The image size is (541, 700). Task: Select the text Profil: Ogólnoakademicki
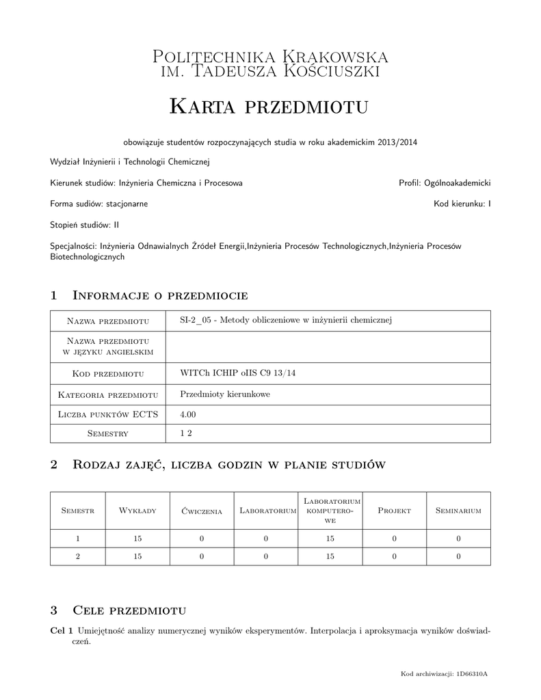pyautogui.click(x=445, y=183)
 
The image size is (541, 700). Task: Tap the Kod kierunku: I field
pyautogui.click(x=462, y=204)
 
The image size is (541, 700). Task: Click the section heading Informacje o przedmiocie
pyautogui.click(x=159, y=295)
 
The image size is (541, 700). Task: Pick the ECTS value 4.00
pyautogui.click(x=188, y=414)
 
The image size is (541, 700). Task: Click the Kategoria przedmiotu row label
pyautogui.click(x=109, y=394)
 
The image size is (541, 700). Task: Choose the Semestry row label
pyautogui.click(x=109, y=434)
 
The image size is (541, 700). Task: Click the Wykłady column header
pyautogui.click(x=137, y=511)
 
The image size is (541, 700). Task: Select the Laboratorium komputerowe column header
pyautogui.click(x=330, y=511)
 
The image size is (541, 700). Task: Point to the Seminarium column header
pyautogui.click(x=458, y=511)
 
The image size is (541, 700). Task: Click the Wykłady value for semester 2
pyautogui.click(x=137, y=556)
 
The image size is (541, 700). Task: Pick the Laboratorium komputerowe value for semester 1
pyautogui.click(x=330, y=539)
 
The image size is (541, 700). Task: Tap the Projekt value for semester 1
pyautogui.click(x=394, y=539)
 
